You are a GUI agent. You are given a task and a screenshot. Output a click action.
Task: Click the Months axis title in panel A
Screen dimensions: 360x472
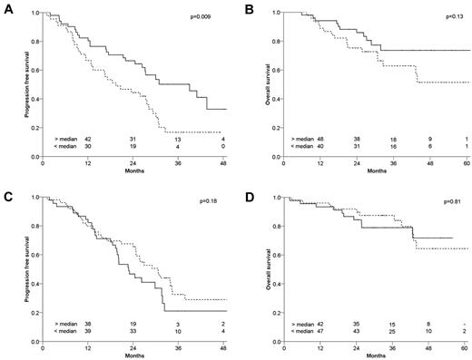(134, 172)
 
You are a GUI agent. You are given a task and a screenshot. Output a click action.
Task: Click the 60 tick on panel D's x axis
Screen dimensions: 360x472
(464, 344)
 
